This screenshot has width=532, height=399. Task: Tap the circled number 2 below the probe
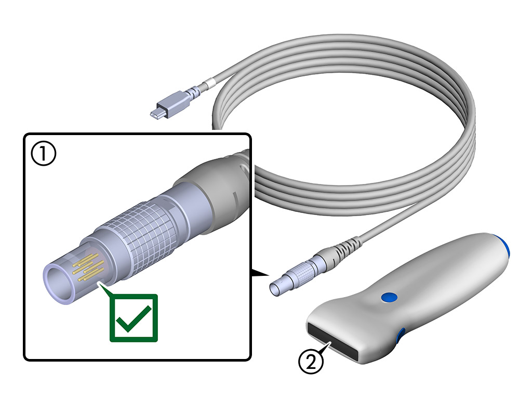point(311,360)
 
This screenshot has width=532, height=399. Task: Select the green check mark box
point(134,317)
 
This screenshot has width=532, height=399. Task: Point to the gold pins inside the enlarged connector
point(88,268)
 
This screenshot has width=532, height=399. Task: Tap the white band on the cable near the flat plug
point(210,84)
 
